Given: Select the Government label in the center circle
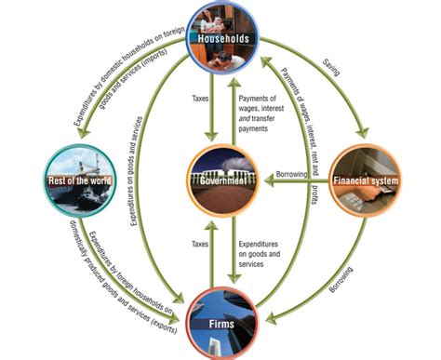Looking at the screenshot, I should [220, 180].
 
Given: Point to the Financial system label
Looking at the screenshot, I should [366, 179].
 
